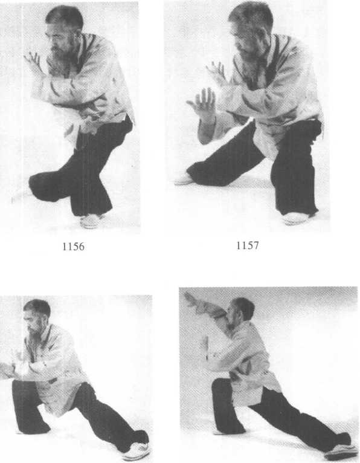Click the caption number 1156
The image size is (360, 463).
[73, 246]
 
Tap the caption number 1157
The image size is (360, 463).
[247, 245]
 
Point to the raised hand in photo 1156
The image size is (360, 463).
[33, 63]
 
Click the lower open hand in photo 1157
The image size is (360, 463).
[202, 103]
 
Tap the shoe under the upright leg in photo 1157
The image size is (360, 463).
[296, 219]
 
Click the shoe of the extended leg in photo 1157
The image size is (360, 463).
[184, 180]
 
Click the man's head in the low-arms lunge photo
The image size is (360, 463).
[36, 316]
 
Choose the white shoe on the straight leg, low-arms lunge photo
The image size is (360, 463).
[137, 451]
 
